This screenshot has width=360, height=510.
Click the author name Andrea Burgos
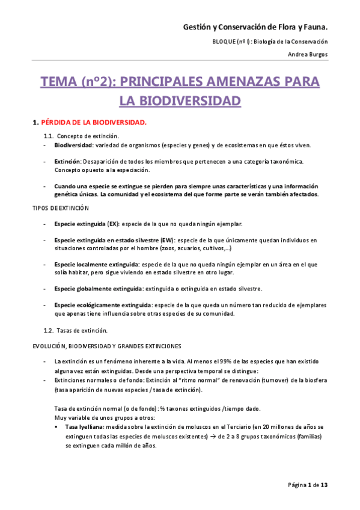point(308,54)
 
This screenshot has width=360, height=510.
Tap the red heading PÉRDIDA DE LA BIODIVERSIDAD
point(93,123)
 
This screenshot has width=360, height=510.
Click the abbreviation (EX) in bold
point(112,224)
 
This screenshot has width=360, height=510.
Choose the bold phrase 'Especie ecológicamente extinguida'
point(102,305)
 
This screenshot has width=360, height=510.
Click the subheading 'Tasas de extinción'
point(82,330)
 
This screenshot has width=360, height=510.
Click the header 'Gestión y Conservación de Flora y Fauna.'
point(255,27)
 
